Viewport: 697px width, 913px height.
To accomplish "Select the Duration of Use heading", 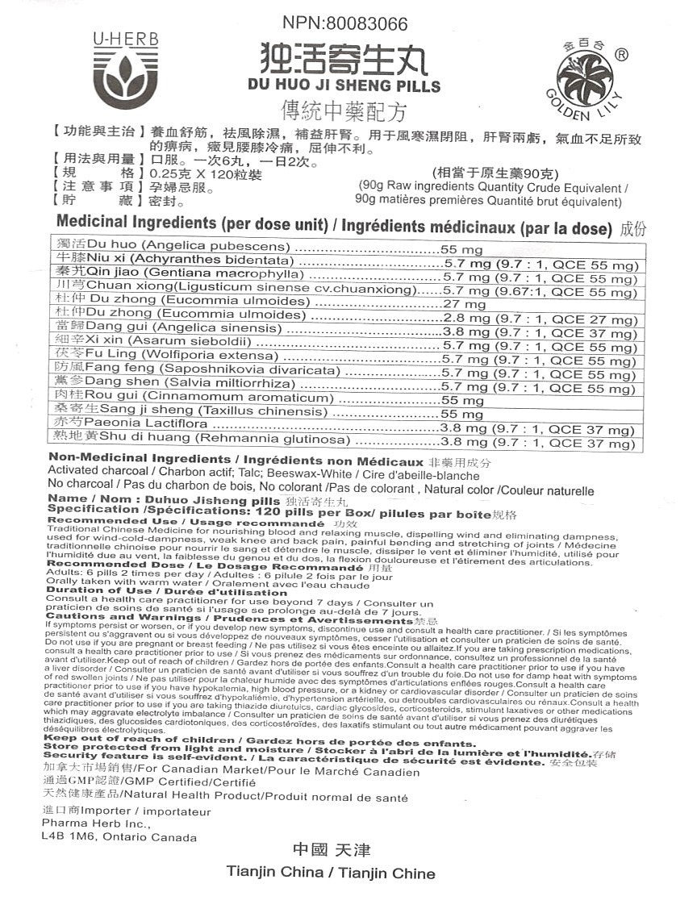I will (x=99, y=590).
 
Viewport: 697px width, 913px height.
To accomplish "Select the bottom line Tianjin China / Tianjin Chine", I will (x=331, y=873).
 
